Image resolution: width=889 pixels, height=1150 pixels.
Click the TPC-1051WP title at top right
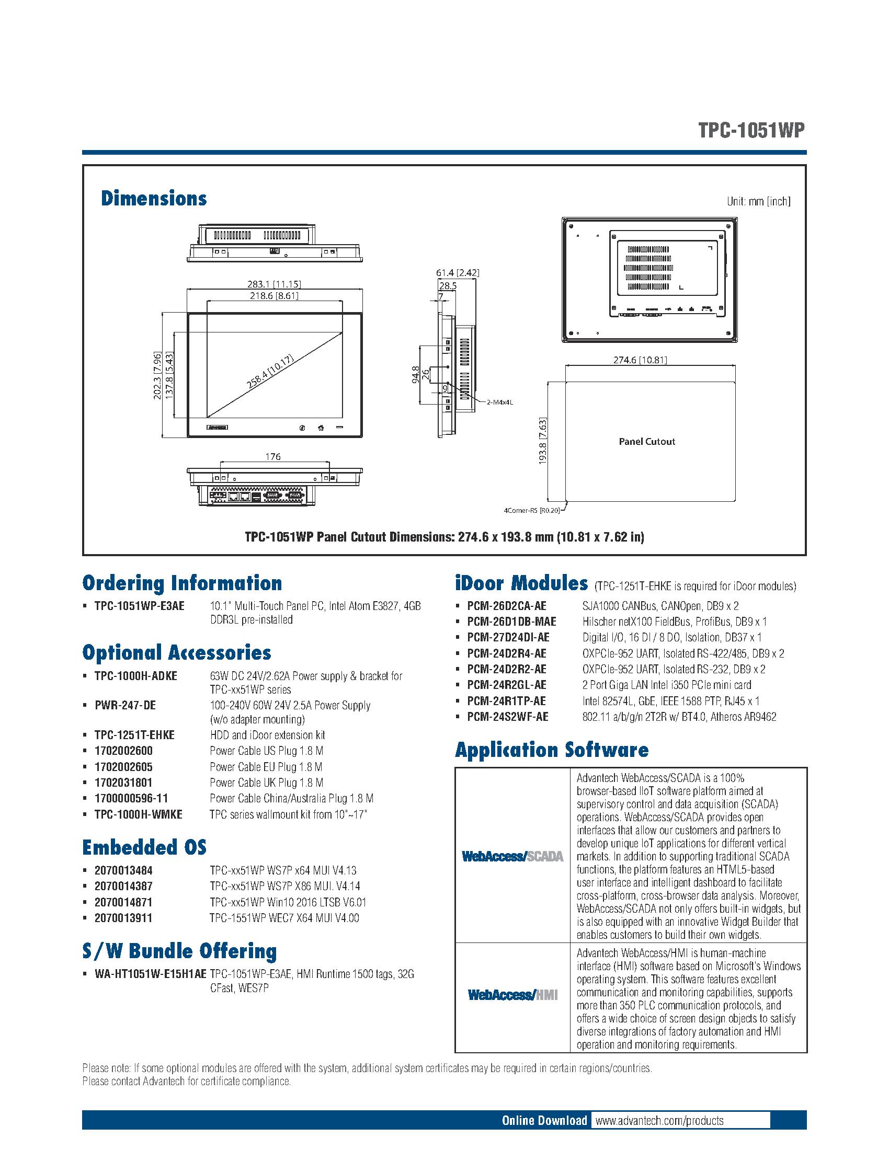(x=751, y=131)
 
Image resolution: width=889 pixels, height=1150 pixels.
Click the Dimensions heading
(x=154, y=199)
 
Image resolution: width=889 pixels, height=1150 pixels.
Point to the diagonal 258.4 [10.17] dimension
(x=269, y=372)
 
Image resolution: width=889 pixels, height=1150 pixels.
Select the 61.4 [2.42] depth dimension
(x=457, y=273)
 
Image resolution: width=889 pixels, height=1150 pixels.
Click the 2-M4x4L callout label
(x=499, y=402)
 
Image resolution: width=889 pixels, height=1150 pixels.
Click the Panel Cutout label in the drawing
(x=647, y=441)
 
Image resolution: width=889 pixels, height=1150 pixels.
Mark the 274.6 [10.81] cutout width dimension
(x=640, y=360)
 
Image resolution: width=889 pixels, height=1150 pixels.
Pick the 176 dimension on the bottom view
(x=273, y=456)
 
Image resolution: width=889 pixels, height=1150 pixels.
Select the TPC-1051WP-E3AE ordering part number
(x=140, y=606)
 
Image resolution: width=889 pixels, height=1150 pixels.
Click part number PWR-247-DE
(x=126, y=705)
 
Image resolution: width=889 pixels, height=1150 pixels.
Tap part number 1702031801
(x=123, y=783)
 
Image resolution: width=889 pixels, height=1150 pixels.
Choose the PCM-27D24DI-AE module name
(x=508, y=638)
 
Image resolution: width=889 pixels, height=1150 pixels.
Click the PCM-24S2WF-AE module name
(x=508, y=717)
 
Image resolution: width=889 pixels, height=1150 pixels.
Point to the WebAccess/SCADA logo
(x=512, y=857)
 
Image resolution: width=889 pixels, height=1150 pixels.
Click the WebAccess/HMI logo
(x=512, y=995)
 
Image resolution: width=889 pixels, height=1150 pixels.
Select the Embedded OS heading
(x=144, y=847)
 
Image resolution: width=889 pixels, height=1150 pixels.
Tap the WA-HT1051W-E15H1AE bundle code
(x=151, y=974)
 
